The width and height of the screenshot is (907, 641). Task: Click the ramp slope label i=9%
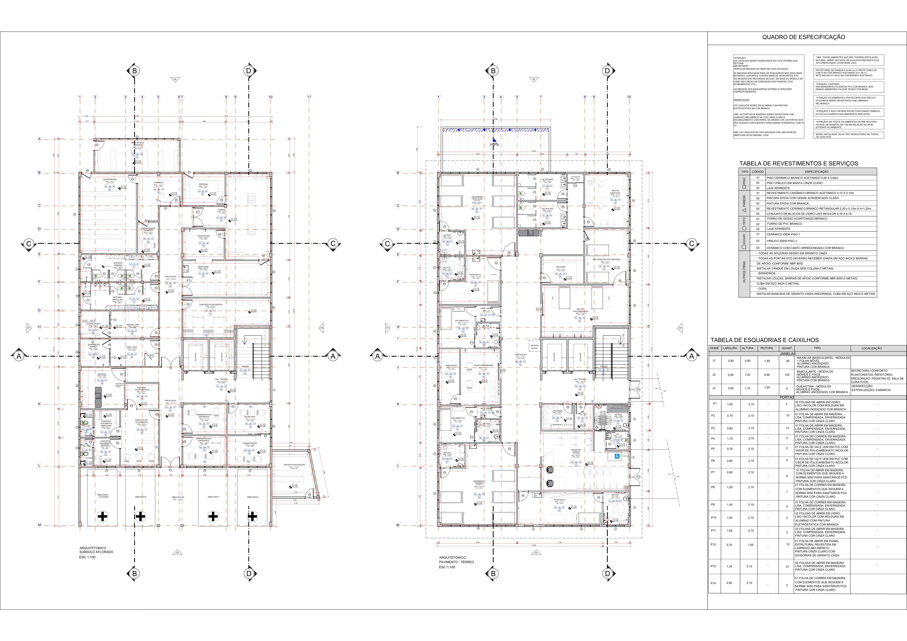[494, 145]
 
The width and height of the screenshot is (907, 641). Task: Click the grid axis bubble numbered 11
[309, 97]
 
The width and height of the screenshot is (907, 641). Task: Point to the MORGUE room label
[102, 374]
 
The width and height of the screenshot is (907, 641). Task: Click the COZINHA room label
[222, 210]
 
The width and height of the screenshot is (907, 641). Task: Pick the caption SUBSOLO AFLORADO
[96, 552]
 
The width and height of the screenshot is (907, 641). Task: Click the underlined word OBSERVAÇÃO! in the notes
[741, 100]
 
